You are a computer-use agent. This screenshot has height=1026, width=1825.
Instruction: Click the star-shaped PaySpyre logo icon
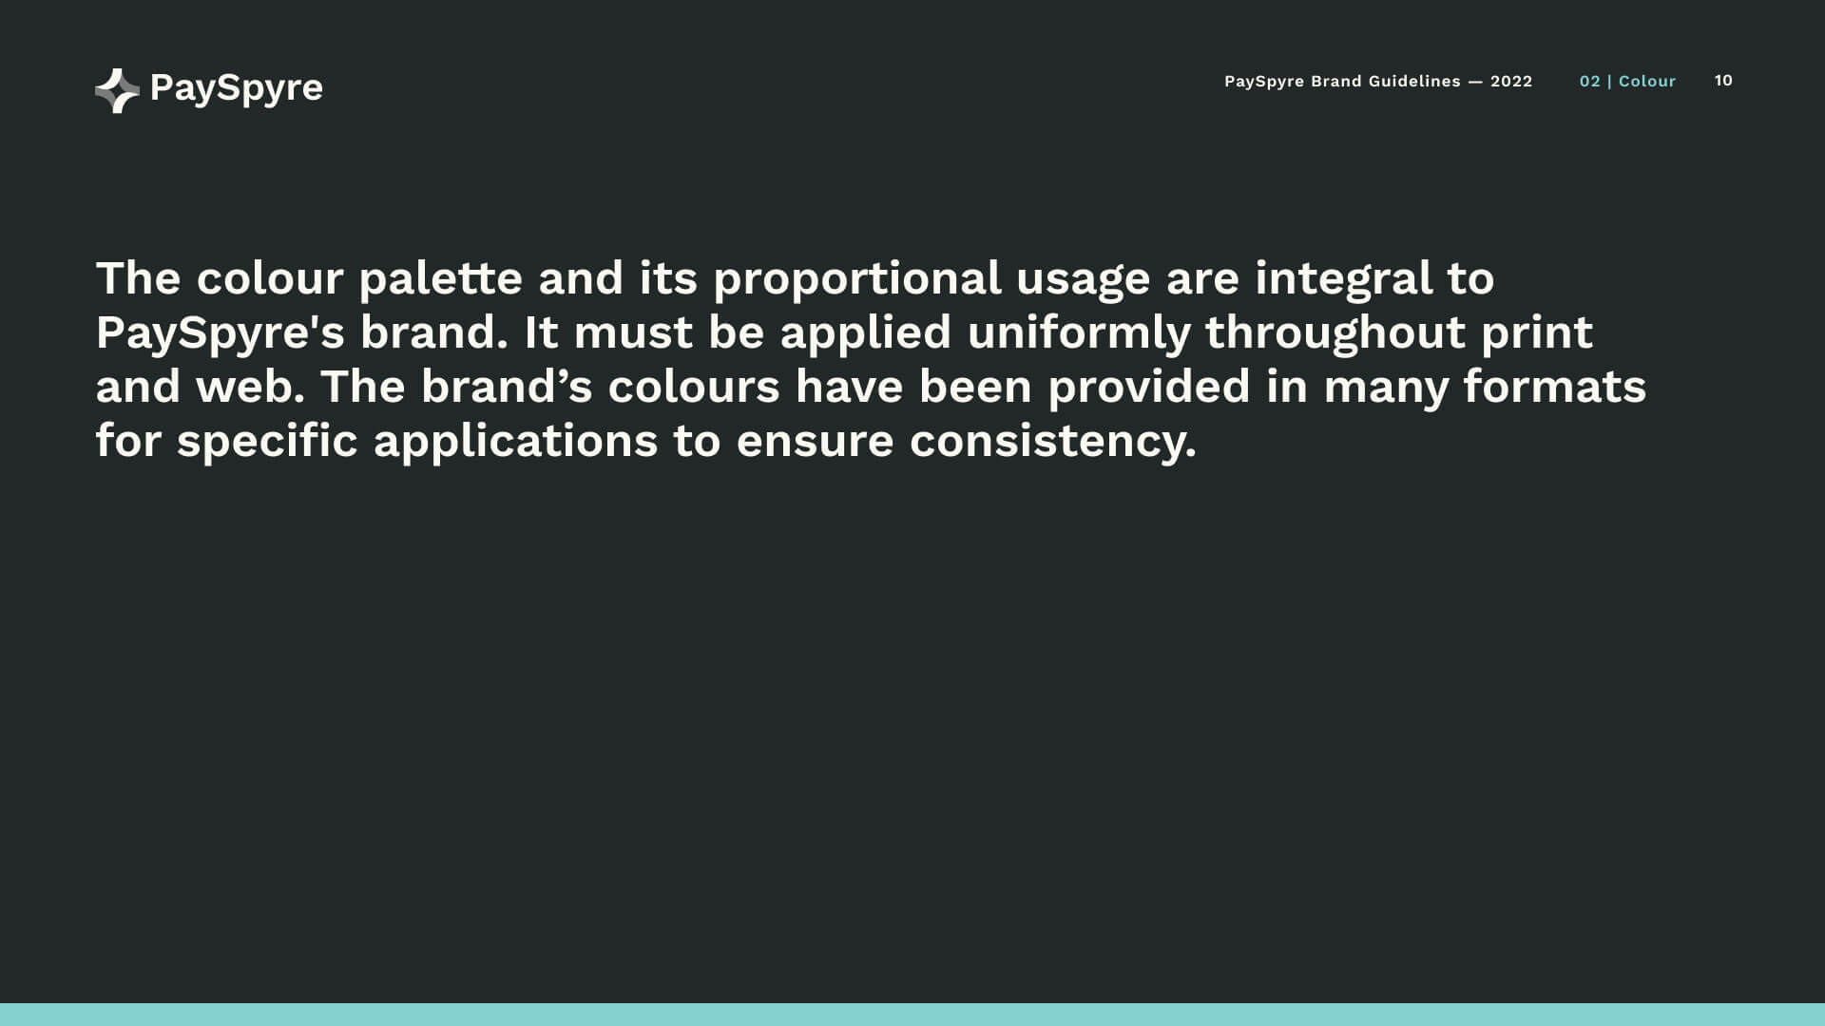pos(117,90)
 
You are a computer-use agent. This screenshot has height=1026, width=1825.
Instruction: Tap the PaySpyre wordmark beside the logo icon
pos(237,88)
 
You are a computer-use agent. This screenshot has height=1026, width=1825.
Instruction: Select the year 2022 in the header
pos(1511,82)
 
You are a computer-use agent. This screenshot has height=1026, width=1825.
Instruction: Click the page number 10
pos(1723,81)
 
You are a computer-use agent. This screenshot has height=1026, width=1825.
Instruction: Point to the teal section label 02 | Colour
pos(1627,82)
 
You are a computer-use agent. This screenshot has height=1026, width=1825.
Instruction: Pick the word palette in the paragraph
pos(440,278)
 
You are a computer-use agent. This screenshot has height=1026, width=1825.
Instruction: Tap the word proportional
pos(857,278)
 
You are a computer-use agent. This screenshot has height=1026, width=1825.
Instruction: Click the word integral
pos(1343,278)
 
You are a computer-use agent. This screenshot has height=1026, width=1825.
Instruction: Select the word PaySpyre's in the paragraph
pos(221,333)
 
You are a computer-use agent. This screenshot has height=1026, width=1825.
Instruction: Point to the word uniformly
pos(1079,333)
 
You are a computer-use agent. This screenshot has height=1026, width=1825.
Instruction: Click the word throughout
pos(1335,333)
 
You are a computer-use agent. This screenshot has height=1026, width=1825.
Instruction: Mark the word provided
pos(1149,387)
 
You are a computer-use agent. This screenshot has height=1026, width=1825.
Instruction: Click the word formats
pos(1555,387)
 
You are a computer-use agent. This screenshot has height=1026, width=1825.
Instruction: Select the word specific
pos(267,442)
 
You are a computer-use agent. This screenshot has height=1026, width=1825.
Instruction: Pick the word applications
pos(516,442)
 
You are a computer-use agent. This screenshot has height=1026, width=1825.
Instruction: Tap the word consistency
pos(1053,442)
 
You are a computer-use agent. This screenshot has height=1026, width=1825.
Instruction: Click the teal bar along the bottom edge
pos(912,1015)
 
